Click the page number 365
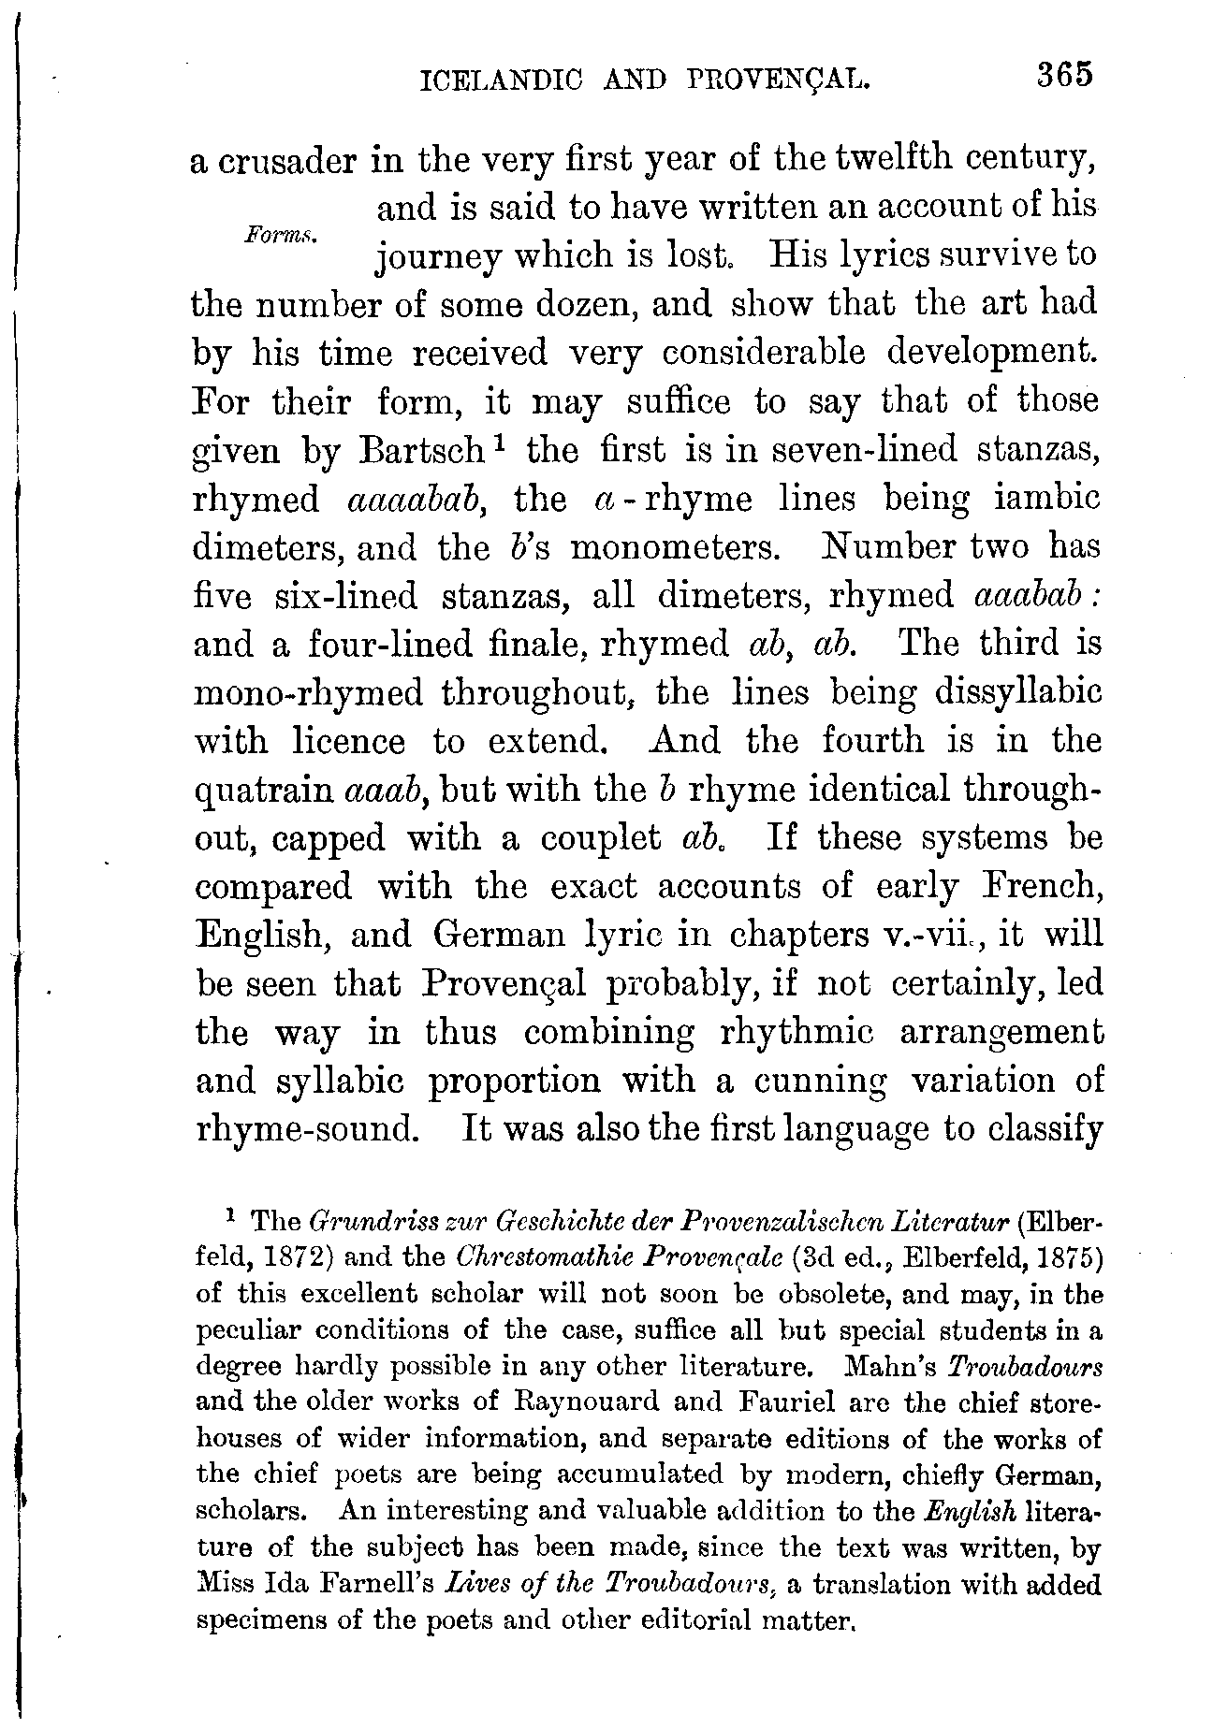[x=1064, y=76]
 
